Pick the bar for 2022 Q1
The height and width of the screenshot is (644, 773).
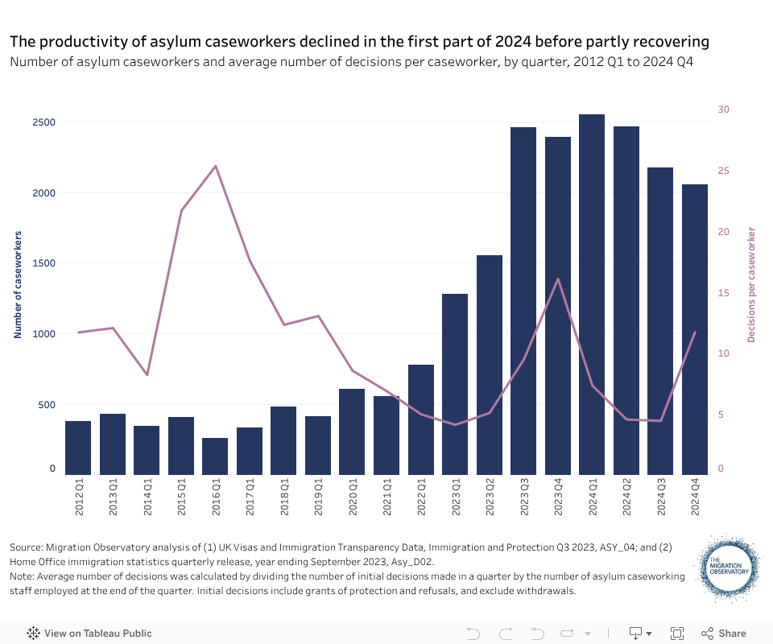point(420,419)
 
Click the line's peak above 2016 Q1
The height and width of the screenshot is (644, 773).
point(216,167)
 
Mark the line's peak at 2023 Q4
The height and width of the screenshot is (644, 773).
point(558,279)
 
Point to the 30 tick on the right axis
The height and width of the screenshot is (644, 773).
point(723,109)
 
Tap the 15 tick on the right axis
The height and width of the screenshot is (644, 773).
point(723,293)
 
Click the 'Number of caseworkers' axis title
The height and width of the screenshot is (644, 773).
point(18,284)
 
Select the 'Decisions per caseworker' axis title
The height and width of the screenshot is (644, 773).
point(752,284)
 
